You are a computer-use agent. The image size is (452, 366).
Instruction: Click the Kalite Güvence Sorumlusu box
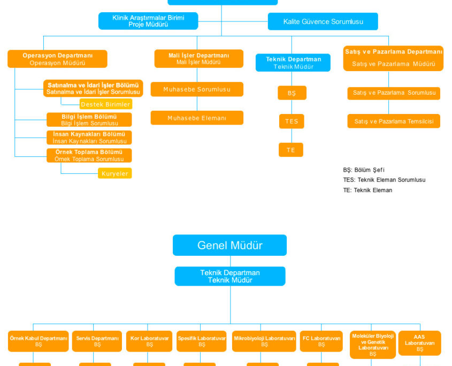(x=323, y=21)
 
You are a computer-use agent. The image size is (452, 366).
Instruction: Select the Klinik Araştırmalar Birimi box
(x=148, y=21)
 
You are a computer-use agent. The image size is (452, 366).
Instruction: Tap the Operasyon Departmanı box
(x=57, y=59)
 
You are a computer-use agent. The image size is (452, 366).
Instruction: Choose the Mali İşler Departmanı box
(x=198, y=59)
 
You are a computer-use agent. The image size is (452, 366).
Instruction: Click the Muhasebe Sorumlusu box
(x=197, y=89)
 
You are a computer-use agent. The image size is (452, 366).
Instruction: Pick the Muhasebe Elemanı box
(x=197, y=118)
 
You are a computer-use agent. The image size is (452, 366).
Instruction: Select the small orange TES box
(x=291, y=121)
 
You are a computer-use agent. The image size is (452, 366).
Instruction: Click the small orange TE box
(x=290, y=150)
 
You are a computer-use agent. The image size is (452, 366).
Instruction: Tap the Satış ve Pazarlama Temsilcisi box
(x=394, y=121)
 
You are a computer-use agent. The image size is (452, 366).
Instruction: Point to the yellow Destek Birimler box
(x=105, y=104)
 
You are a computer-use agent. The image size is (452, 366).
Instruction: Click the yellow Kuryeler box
(x=114, y=173)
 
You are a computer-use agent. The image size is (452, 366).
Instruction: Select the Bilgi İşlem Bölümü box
(x=89, y=120)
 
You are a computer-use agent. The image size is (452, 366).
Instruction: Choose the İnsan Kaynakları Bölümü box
(x=89, y=138)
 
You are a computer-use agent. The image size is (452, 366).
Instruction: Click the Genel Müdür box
(x=229, y=246)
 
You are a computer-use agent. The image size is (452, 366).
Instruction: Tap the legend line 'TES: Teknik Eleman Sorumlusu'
(x=384, y=180)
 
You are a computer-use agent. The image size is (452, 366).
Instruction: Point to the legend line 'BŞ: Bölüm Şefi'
(x=364, y=170)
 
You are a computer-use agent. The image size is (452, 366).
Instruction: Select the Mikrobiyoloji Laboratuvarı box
(x=264, y=341)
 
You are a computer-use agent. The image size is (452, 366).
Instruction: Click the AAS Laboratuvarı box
(x=419, y=343)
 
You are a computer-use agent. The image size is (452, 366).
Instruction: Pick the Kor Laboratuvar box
(x=149, y=341)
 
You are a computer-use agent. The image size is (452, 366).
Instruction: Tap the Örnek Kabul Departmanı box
(x=39, y=341)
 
